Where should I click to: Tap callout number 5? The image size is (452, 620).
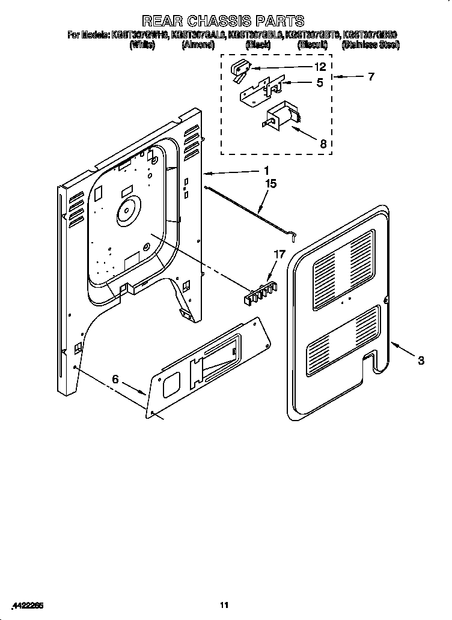[320, 83]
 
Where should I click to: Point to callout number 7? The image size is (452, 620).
[371, 76]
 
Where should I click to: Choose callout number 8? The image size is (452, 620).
[323, 144]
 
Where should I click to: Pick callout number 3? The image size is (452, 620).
[421, 360]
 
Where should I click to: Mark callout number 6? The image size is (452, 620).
[116, 379]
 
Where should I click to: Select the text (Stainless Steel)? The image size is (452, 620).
[370, 45]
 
